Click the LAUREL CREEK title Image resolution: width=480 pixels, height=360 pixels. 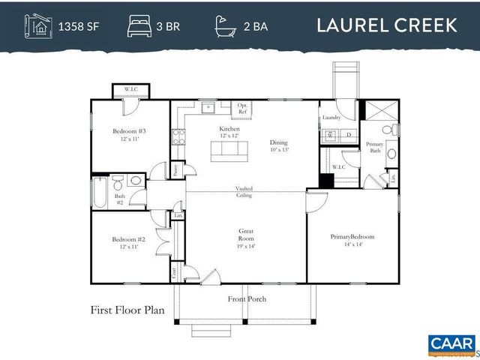386,25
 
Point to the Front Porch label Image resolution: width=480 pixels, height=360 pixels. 247,299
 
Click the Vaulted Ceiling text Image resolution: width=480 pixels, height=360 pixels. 243,192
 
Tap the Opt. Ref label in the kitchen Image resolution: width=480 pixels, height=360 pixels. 243,108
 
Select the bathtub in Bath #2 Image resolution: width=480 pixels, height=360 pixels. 99,190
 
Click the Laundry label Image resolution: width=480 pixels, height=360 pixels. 331,118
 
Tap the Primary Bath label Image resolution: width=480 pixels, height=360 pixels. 374,147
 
